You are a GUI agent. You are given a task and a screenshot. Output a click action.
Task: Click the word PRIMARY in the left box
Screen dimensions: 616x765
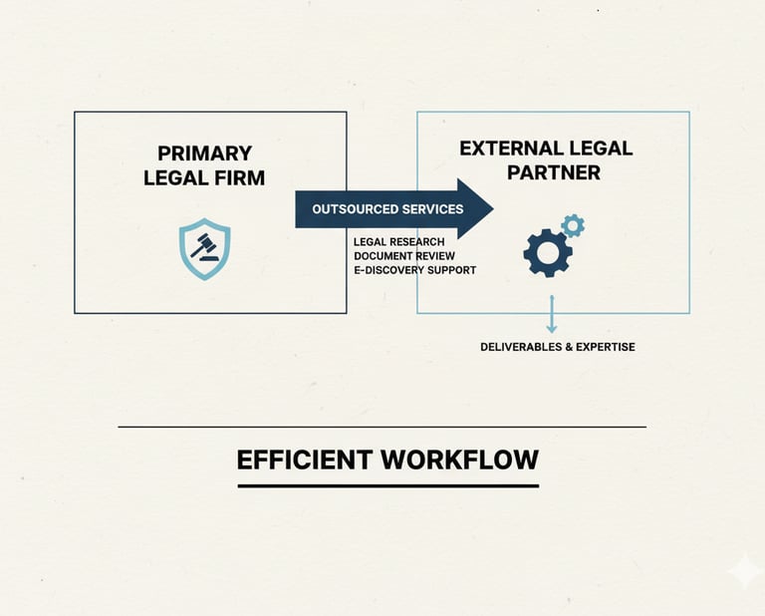point(204,154)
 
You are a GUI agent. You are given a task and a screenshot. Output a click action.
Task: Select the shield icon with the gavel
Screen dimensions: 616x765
point(204,249)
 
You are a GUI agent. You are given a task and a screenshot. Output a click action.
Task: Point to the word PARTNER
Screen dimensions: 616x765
point(554,172)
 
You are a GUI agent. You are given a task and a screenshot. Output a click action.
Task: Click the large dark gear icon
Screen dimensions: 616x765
point(547,252)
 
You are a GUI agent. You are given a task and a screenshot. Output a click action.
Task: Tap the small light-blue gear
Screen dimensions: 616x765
point(573,225)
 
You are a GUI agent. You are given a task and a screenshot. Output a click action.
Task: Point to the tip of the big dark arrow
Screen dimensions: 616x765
point(491,209)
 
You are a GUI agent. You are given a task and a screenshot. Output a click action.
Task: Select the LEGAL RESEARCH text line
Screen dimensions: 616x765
point(398,242)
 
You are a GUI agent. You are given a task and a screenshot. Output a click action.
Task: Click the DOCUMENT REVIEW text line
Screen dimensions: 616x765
point(403,256)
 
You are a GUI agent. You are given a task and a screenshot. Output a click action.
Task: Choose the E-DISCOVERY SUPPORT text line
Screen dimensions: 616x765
point(414,270)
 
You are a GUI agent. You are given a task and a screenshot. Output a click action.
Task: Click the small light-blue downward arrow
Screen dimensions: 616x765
point(551,314)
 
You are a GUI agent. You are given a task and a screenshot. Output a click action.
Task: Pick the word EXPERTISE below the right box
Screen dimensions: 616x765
point(604,347)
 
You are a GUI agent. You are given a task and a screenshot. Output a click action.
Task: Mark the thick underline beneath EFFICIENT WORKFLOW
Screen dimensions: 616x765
point(387,485)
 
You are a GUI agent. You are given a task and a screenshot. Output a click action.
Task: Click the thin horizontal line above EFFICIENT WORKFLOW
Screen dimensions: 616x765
point(382,427)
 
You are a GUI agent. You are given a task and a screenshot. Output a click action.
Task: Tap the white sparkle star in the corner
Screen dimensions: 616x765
point(743,572)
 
